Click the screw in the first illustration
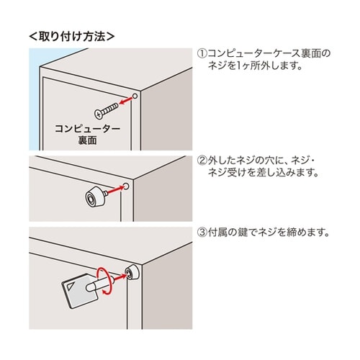click(105, 109)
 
